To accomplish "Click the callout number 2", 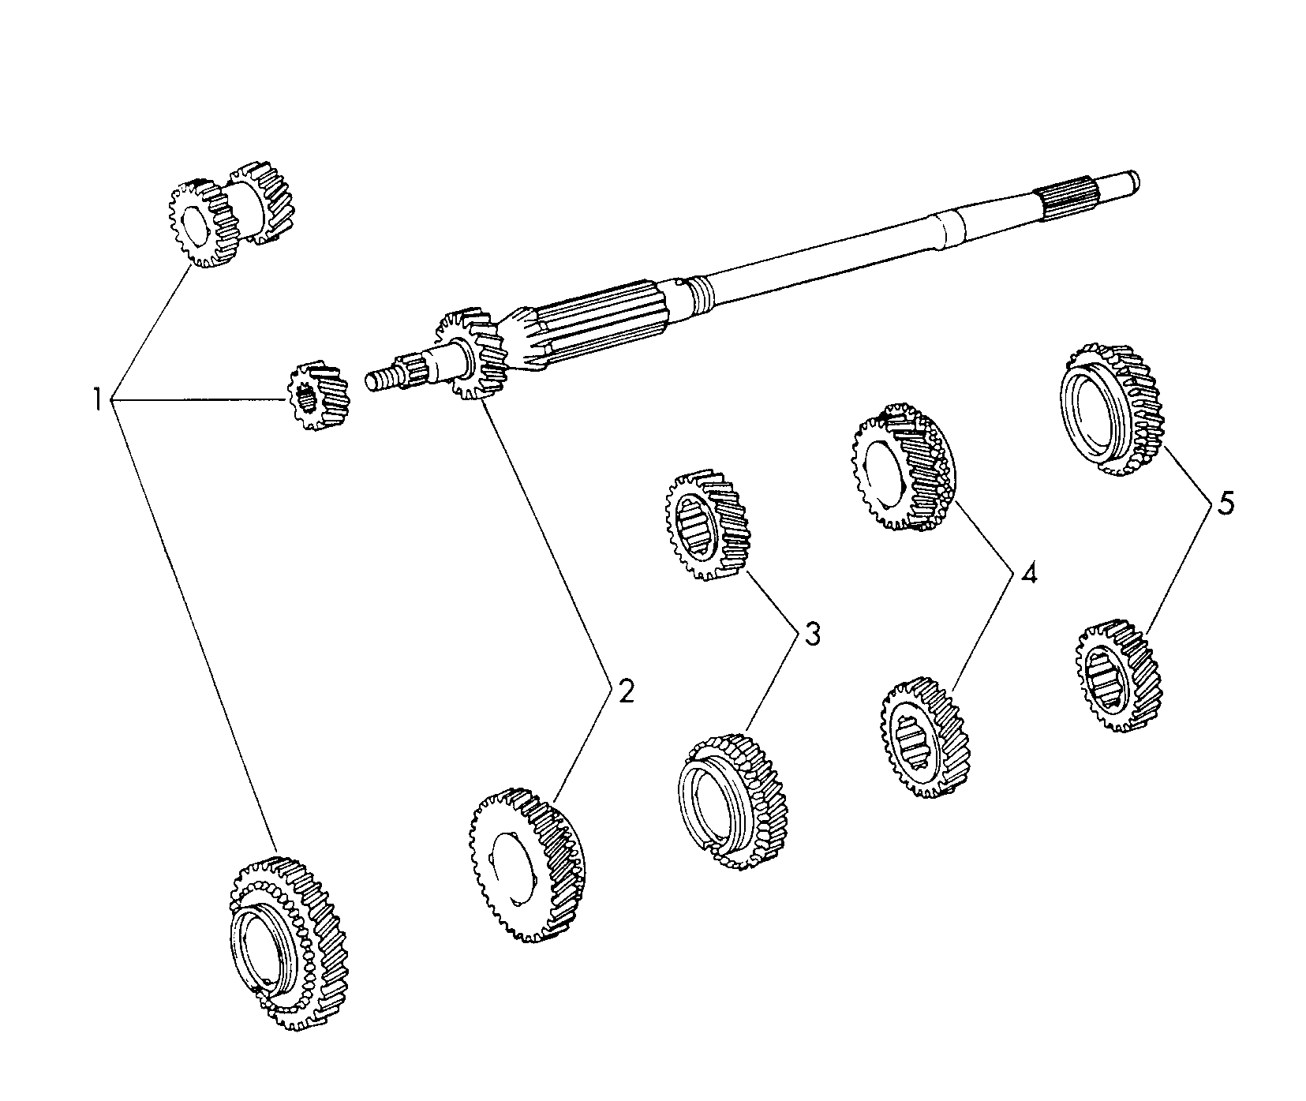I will pyautogui.click(x=625, y=691).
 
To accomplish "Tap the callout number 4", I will pyautogui.click(x=1027, y=574).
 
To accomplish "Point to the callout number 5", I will pyautogui.click(x=1225, y=503).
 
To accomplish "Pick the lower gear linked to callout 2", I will pyautogui.click(x=528, y=865).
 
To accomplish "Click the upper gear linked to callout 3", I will pyautogui.click(x=707, y=526).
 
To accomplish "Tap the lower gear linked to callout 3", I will pyautogui.click(x=733, y=801).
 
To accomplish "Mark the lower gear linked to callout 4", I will pyautogui.click(x=923, y=736).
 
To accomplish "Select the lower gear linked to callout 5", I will pyautogui.click(x=1119, y=676).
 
